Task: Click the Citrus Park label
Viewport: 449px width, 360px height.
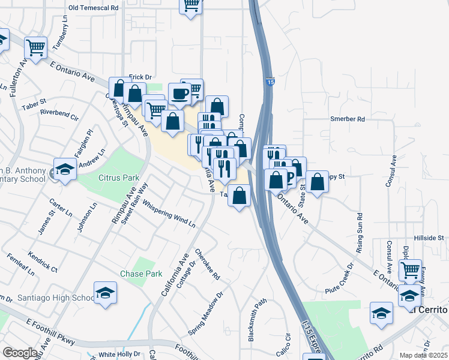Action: (119, 178)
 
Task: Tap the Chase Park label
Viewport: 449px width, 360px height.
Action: (145, 274)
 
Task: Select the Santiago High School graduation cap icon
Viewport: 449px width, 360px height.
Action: (106, 293)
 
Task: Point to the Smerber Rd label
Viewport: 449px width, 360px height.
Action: (348, 119)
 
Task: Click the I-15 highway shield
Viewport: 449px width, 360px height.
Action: (271, 81)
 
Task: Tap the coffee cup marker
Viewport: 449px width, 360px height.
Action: (179, 93)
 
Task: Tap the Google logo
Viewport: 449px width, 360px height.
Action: (19, 353)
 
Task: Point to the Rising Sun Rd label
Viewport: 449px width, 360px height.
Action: (360, 232)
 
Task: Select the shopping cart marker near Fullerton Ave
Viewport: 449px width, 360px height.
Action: (36, 47)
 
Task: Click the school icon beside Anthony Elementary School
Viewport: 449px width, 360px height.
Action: (64, 169)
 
